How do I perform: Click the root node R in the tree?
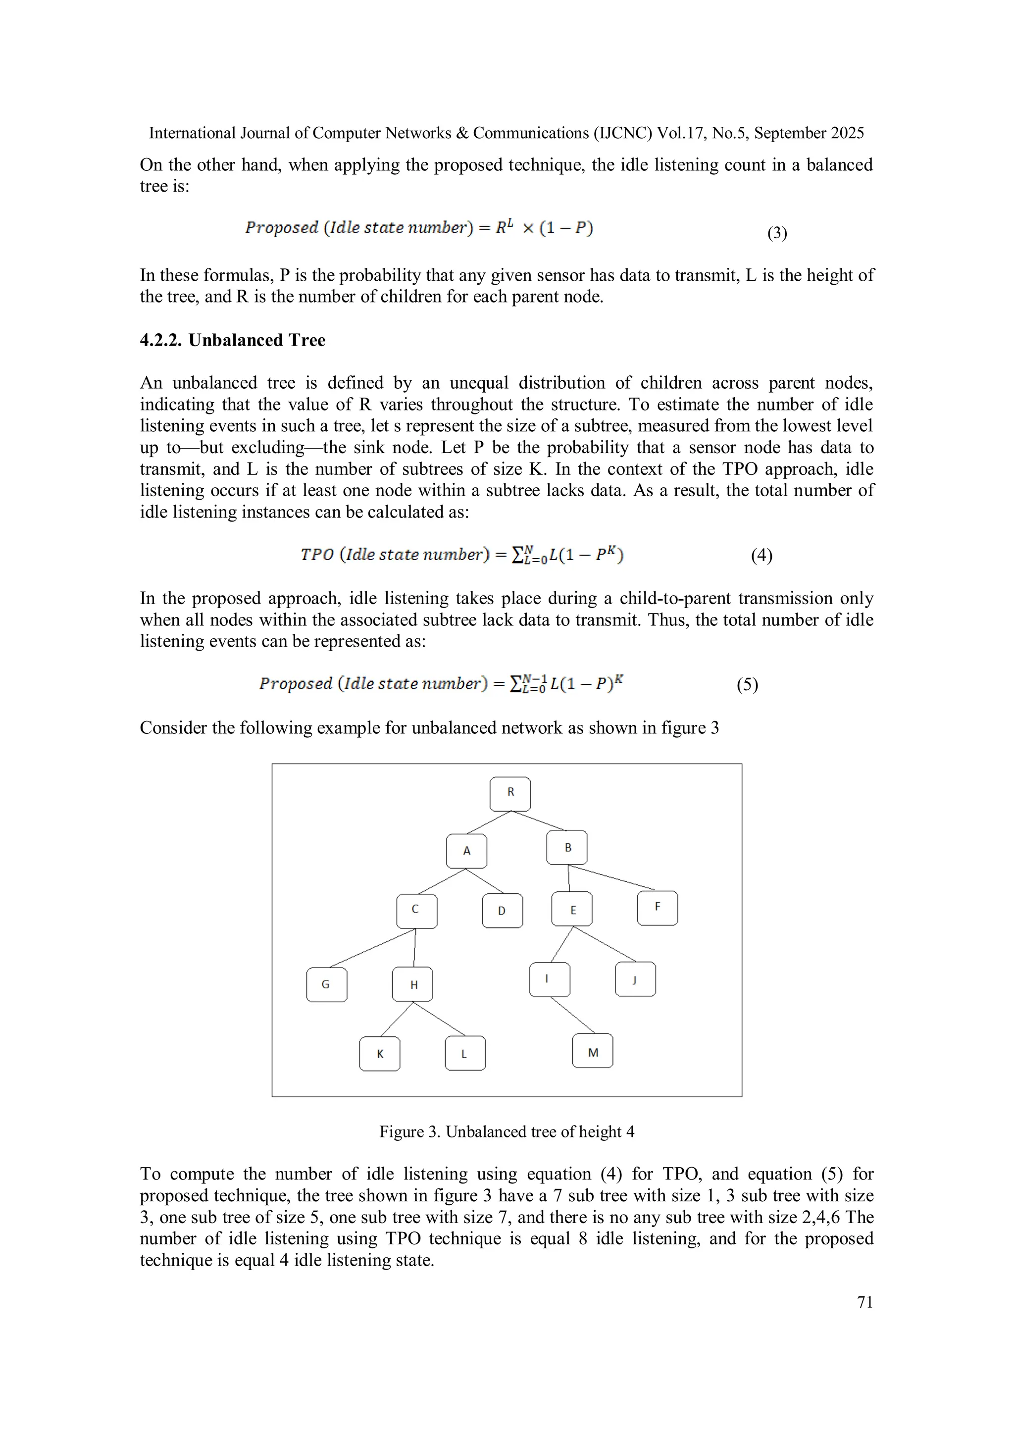tap(510, 794)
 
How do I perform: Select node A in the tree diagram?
tap(466, 851)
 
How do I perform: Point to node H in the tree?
tap(413, 985)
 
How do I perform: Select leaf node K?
tap(380, 1054)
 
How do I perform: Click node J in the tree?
tap(635, 979)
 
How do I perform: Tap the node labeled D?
tap(502, 911)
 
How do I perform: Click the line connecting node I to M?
tap(572, 1015)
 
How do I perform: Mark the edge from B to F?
tap(612, 877)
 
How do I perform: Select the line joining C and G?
tap(373, 948)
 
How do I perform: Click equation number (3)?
tap(777, 233)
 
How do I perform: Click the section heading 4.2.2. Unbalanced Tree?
tap(232, 340)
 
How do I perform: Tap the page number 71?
tap(865, 1302)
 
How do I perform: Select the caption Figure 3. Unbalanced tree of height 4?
tap(507, 1132)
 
